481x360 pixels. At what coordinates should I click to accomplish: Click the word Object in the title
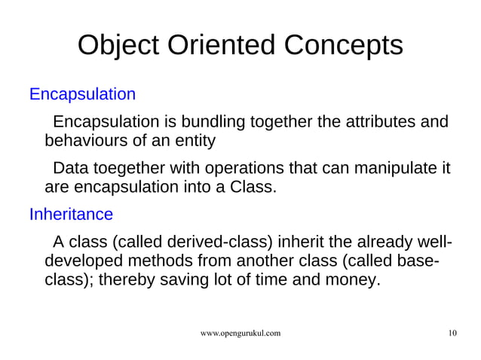pos(121,46)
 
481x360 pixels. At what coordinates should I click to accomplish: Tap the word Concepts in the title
pos(344,46)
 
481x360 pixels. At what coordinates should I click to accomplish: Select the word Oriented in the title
pos(224,46)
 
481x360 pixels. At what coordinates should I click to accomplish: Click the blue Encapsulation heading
pos(82,95)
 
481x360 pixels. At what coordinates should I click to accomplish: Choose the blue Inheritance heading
pos(71,215)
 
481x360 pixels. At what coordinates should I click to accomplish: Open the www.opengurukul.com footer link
pos(240,333)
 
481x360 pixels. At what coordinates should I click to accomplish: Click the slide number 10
pos(452,333)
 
